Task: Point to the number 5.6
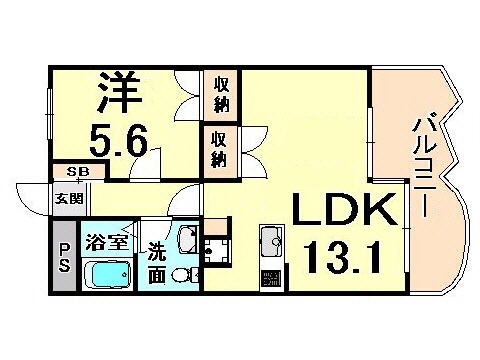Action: pos(122,141)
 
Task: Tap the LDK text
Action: pos(336,212)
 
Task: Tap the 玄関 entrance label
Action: pos(63,197)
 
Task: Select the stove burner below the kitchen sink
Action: pos(271,275)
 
